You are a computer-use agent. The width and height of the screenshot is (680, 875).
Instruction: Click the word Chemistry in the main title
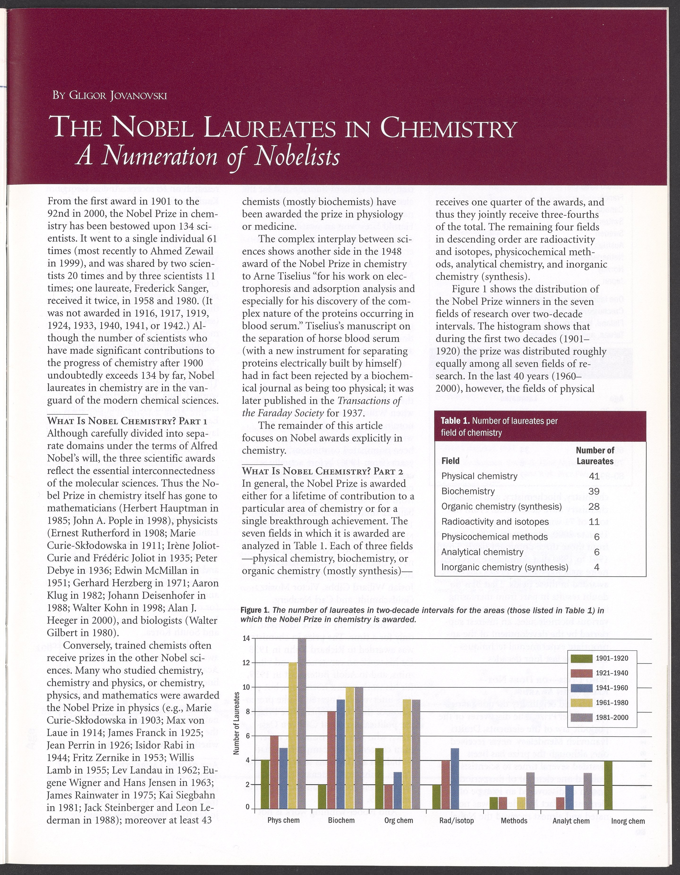[x=447, y=129]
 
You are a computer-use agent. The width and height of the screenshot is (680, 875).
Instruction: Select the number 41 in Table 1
[x=594, y=476]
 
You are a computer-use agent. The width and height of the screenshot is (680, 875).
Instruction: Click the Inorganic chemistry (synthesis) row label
[x=504, y=567]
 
